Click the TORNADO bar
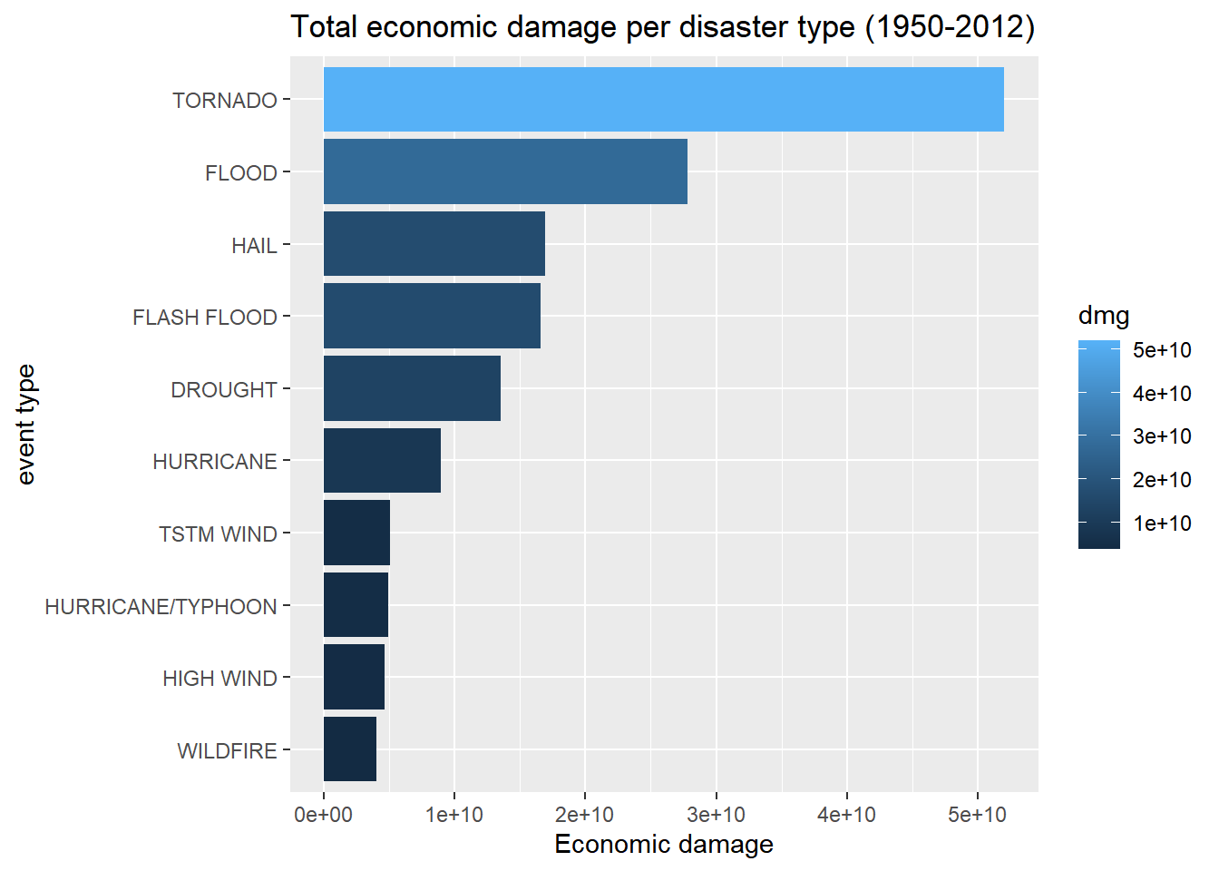[663, 99]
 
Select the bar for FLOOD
[505, 171]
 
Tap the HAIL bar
[434, 244]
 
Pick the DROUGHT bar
[412, 388]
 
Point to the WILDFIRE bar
[350, 749]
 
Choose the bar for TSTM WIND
[357, 533]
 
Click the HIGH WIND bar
[355, 677]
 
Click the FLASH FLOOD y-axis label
[205, 318]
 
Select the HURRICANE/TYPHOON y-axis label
[161, 606]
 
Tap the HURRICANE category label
[215, 462]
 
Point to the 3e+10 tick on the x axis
[716, 815]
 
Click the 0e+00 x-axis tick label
[323, 815]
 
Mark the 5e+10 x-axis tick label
[978, 815]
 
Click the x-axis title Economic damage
[664, 845]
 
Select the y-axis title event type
[25, 425]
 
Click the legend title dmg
[1104, 316]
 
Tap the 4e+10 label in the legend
[1162, 393]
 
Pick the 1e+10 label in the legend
[1162, 524]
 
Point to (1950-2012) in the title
[949, 27]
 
